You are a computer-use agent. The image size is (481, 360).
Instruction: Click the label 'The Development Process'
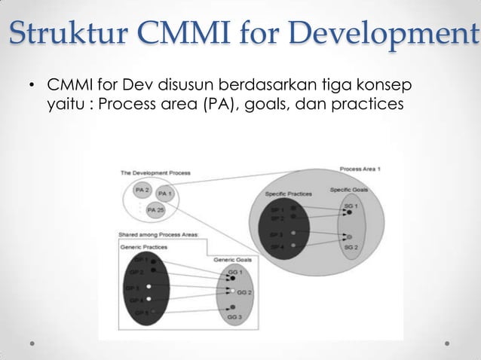[x=155, y=173]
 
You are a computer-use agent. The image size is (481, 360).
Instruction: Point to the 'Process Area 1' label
[x=360, y=169]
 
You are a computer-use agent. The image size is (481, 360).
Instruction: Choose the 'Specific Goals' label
[x=347, y=189]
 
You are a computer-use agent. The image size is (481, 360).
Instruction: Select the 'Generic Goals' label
[x=233, y=260]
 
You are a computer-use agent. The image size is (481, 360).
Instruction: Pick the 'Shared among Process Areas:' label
[x=158, y=234]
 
